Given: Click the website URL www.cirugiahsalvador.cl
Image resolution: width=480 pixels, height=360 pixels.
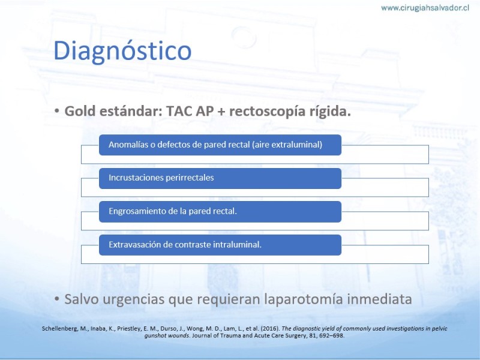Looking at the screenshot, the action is pos(425,8).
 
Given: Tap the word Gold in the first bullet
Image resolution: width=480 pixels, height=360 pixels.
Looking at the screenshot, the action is pos(80,111).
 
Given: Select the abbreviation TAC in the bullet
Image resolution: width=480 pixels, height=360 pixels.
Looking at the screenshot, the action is pos(178,111).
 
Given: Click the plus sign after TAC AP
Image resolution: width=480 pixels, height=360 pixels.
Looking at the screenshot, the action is pos(221,112).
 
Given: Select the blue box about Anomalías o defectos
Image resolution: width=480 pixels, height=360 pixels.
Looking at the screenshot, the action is pos(220,145).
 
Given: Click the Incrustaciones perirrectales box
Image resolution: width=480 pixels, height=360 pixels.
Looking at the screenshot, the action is pos(220,178).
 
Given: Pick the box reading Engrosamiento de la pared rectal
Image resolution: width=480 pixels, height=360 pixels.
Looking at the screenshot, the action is pos(220,212).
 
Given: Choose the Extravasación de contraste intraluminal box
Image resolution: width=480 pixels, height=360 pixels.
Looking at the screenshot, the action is pos(220,245).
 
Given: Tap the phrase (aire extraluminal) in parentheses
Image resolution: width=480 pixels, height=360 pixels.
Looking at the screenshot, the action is pos(287,145).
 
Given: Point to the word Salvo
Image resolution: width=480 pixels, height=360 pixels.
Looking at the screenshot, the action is pos(82,299).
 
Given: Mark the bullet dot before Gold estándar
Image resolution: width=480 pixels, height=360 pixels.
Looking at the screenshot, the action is pos(56,111).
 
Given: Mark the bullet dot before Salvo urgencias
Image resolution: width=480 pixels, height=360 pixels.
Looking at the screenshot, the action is pos(56,298).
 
